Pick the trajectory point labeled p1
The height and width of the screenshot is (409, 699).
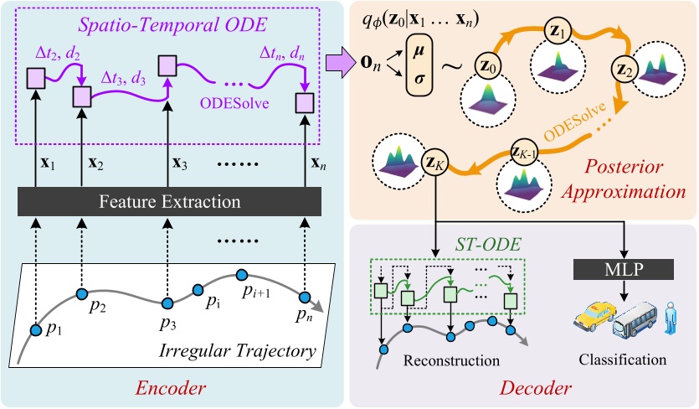click(x=36, y=330)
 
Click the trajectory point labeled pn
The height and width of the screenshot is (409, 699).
click(x=306, y=298)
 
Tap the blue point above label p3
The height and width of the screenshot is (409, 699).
click(x=166, y=302)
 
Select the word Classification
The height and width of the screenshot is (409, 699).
click(x=621, y=360)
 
